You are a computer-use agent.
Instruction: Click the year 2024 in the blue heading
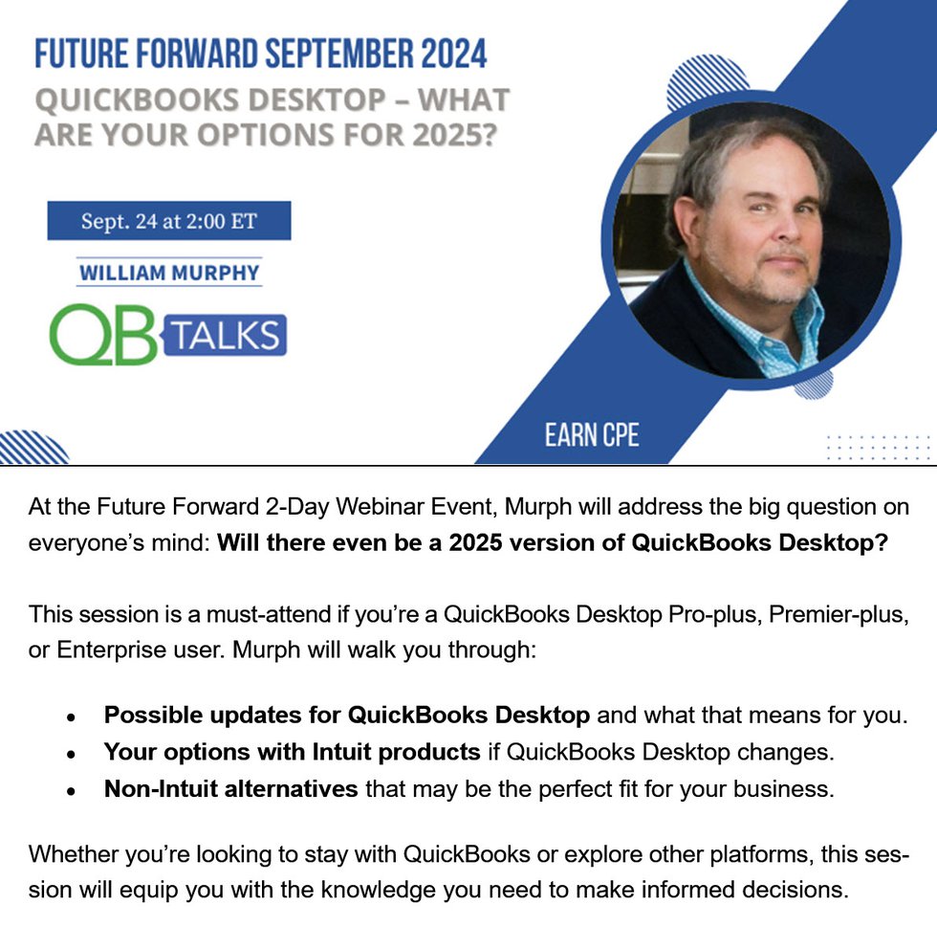454,55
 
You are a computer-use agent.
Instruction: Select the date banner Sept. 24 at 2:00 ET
169,221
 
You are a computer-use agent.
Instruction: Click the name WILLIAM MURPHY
169,273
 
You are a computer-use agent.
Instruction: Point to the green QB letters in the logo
102,335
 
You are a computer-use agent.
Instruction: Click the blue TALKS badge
224,335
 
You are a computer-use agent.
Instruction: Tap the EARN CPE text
592,434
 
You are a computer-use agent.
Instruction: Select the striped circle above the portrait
707,78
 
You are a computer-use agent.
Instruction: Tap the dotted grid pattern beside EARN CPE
878,447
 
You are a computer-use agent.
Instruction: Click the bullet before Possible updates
72,717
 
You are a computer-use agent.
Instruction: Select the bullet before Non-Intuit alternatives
72,791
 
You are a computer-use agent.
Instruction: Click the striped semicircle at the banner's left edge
33,449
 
